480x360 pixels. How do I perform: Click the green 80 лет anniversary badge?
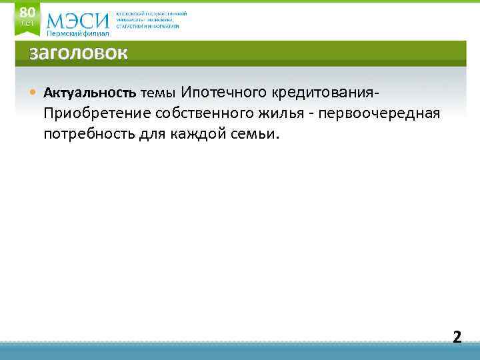[27, 17]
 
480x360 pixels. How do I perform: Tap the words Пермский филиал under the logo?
[77, 33]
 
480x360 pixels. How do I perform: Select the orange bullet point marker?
[33, 92]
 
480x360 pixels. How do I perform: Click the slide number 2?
[457, 337]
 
